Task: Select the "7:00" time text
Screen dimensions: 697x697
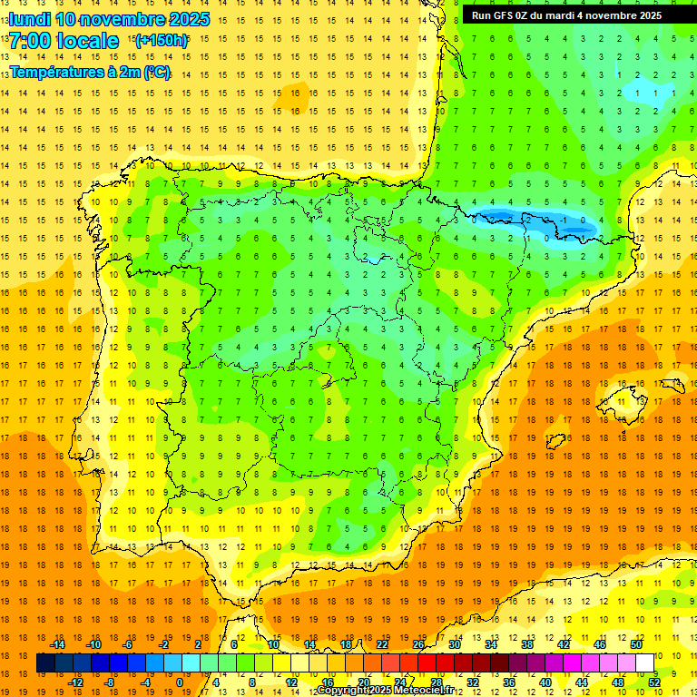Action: [x=29, y=42]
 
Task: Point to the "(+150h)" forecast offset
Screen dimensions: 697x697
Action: [x=162, y=41]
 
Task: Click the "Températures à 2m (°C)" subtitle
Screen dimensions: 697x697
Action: [x=90, y=73]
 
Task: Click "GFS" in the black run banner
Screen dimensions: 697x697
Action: [x=508, y=15]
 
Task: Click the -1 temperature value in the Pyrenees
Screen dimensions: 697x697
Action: [x=564, y=220]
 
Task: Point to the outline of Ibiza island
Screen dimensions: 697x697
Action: [x=556, y=441]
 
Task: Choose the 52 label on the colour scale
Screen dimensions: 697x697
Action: [x=654, y=682]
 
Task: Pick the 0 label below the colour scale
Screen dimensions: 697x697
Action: [x=180, y=682]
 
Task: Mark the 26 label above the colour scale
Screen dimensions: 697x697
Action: [x=418, y=644]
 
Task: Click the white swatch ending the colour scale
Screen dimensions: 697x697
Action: [x=645, y=663]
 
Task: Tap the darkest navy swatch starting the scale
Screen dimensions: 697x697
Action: [x=45, y=663]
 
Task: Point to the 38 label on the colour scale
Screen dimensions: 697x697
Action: [x=527, y=644]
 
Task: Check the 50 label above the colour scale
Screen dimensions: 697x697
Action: [x=636, y=644]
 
